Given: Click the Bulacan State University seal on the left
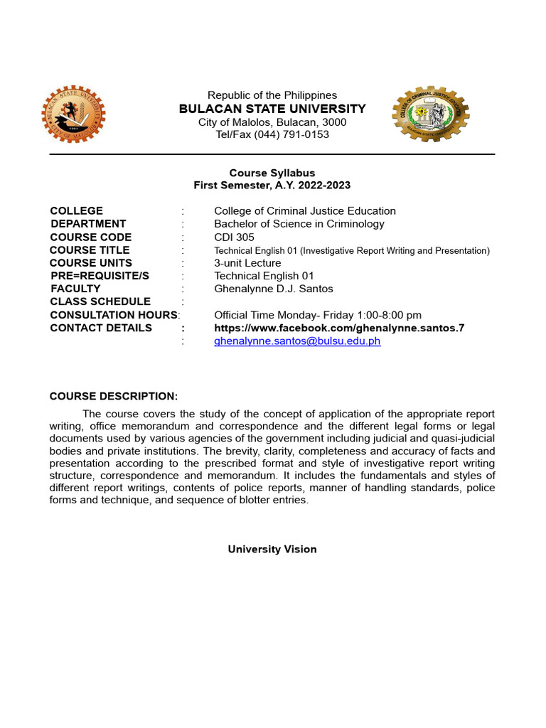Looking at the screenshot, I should (x=73, y=115).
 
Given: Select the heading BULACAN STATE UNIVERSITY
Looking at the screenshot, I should (x=272, y=109).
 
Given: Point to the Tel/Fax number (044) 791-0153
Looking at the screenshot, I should (x=272, y=134).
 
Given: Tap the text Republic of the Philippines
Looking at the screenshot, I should (x=272, y=95).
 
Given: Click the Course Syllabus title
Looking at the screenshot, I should (x=272, y=173).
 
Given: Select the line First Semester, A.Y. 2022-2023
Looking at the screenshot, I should (x=272, y=185).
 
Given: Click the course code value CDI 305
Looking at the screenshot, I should (x=234, y=237).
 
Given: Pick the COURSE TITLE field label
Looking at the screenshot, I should (x=90, y=250).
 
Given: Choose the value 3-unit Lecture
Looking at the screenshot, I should (x=247, y=263).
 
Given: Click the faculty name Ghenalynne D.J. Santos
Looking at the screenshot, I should (x=273, y=289).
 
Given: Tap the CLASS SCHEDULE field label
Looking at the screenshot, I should (x=100, y=301).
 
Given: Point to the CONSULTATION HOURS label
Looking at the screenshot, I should (x=113, y=315).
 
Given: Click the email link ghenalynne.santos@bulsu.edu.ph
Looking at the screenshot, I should (x=297, y=341).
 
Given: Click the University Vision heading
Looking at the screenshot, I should (x=272, y=550).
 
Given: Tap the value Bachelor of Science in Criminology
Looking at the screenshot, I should (x=299, y=224).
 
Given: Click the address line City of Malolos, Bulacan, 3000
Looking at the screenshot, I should (x=272, y=122).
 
